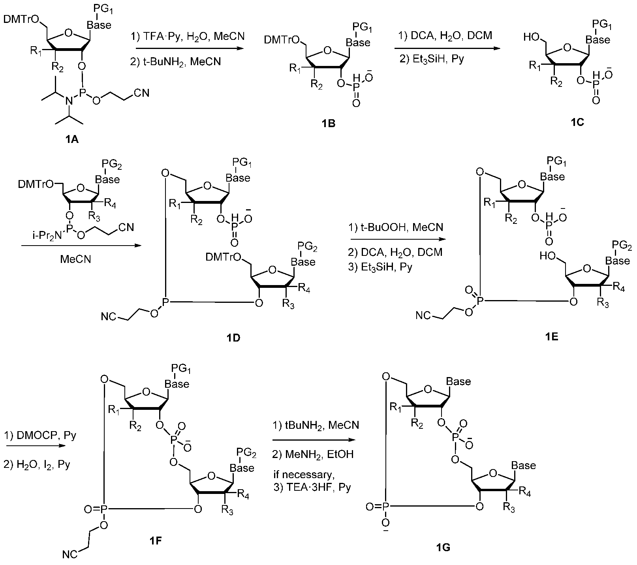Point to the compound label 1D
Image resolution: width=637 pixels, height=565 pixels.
tap(233, 338)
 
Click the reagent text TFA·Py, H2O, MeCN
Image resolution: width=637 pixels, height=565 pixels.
tap(192, 37)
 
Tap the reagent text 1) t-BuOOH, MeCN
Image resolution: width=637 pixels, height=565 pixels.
tap(396, 227)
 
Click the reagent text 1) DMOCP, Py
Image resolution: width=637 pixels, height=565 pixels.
tap(40, 436)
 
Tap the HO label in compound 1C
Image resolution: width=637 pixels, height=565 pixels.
tap(530, 38)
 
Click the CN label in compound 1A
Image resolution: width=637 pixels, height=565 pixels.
tap(141, 93)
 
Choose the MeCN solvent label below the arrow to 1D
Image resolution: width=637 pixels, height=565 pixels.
tap(75, 259)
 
